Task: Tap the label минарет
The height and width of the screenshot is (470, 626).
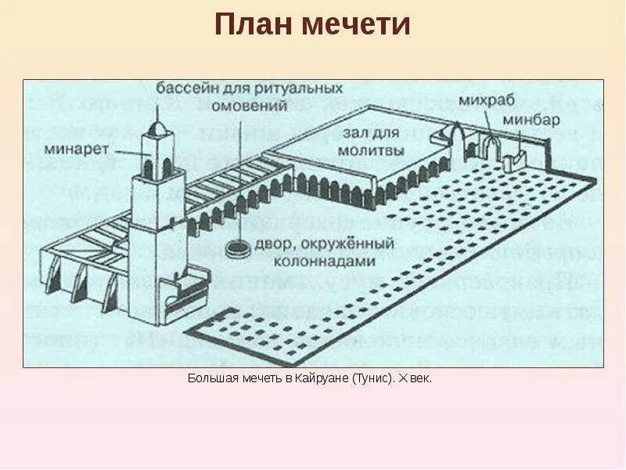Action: pyautogui.click(x=85, y=147)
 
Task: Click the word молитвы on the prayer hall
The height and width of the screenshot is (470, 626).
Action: pyautogui.click(x=373, y=150)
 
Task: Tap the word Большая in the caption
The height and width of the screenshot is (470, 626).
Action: pyautogui.click(x=211, y=378)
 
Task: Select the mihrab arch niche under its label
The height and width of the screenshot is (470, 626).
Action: pyautogui.click(x=491, y=148)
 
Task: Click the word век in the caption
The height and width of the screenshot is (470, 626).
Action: pyautogui.click(x=420, y=378)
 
